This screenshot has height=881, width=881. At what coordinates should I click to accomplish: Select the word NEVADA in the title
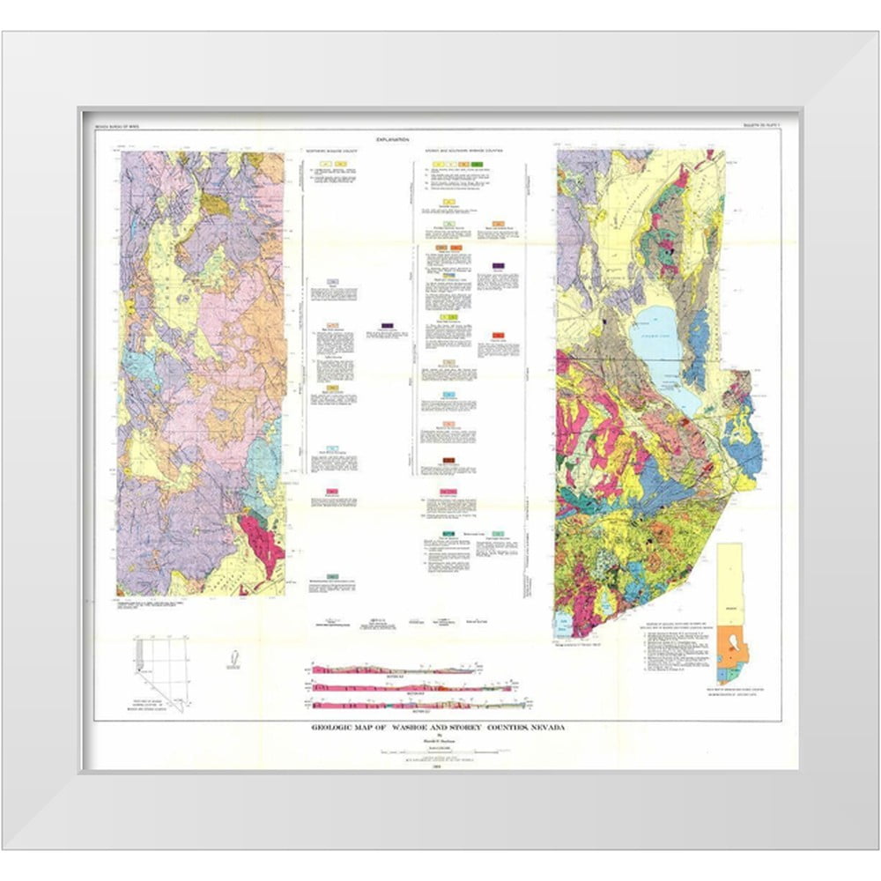tap(541, 728)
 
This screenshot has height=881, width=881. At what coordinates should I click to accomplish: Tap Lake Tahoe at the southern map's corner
tap(564, 626)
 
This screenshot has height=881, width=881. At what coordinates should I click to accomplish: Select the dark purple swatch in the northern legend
tap(385, 326)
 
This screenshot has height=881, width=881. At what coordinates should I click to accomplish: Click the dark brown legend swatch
tap(449, 461)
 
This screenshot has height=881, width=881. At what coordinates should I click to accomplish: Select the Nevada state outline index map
tap(159, 669)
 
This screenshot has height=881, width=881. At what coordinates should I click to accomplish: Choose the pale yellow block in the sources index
tap(729, 581)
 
